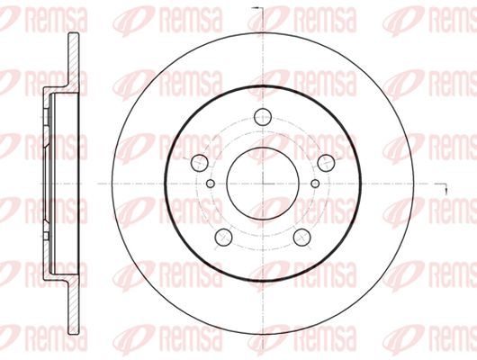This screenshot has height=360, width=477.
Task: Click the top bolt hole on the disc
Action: point(263,117)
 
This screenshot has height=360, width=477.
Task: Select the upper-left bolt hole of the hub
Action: point(199,163)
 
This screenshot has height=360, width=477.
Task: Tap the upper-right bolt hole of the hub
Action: point(326,163)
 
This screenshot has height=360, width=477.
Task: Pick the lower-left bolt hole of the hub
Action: point(223,238)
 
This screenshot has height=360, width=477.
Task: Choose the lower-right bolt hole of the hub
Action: point(302,238)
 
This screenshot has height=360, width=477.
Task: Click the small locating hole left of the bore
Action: point(211,184)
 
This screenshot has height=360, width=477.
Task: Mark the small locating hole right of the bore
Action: point(316,184)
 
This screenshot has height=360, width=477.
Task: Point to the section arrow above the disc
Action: point(258,8)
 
